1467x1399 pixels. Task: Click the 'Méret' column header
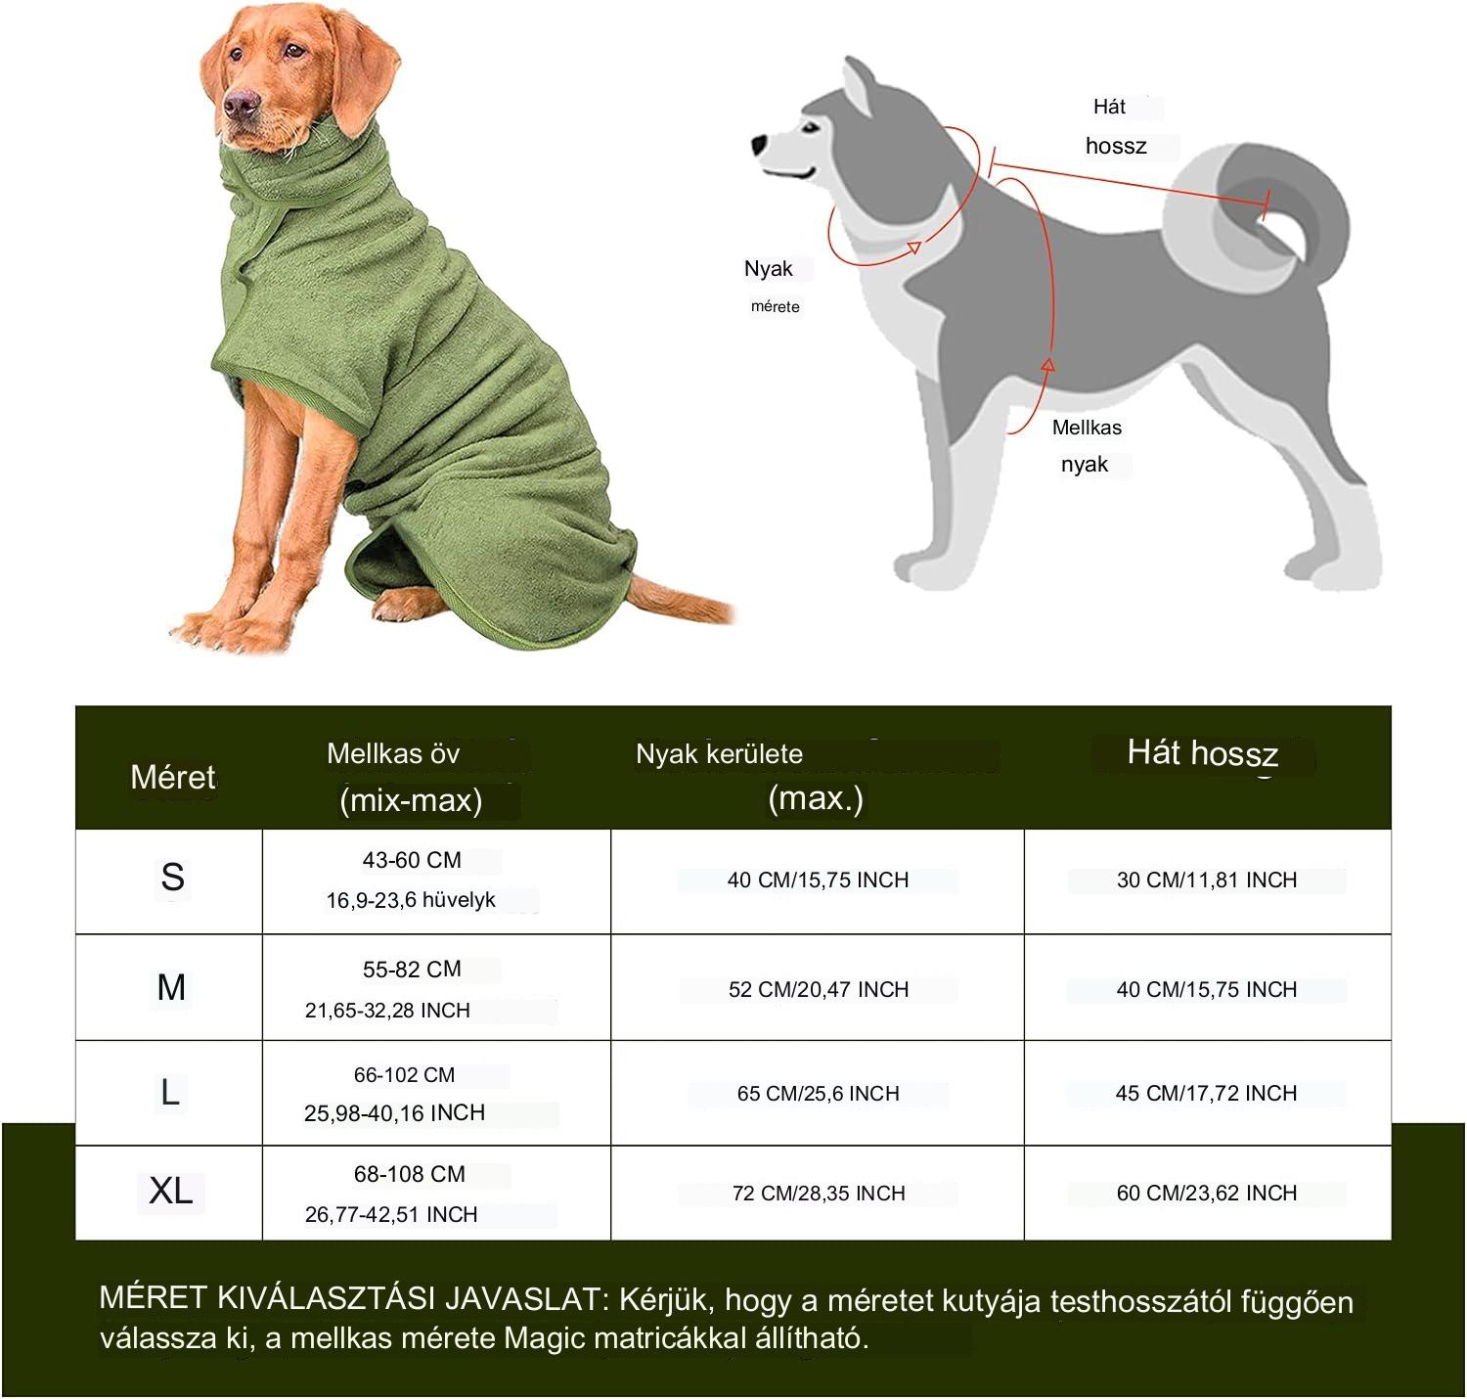(x=173, y=777)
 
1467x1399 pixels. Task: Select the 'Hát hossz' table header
(x=1202, y=753)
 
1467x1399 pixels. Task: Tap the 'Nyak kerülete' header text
(x=719, y=754)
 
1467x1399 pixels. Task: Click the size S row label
(x=172, y=877)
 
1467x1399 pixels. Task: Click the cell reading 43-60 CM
(x=412, y=860)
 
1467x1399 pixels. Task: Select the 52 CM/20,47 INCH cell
(x=818, y=989)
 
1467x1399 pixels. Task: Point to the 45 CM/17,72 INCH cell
(x=1206, y=1093)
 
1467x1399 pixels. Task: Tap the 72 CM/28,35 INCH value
(x=818, y=1193)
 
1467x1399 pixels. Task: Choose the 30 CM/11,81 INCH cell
(x=1207, y=880)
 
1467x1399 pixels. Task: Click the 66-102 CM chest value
(x=404, y=1074)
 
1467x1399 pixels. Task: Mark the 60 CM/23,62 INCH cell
(x=1207, y=1193)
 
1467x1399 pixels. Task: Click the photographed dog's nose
(x=241, y=104)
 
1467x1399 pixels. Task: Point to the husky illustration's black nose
(x=760, y=144)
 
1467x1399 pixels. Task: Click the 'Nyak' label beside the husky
(x=768, y=269)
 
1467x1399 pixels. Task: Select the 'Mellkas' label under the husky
(x=1087, y=427)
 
